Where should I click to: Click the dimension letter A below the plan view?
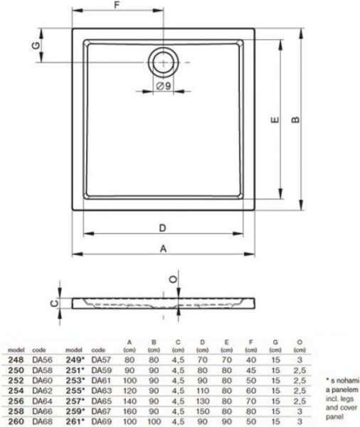(x=163, y=249)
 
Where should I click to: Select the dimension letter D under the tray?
(x=163, y=228)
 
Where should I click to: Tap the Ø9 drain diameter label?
(x=162, y=86)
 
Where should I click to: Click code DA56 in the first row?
(x=43, y=360)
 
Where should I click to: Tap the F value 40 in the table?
(x=250, y=360)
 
